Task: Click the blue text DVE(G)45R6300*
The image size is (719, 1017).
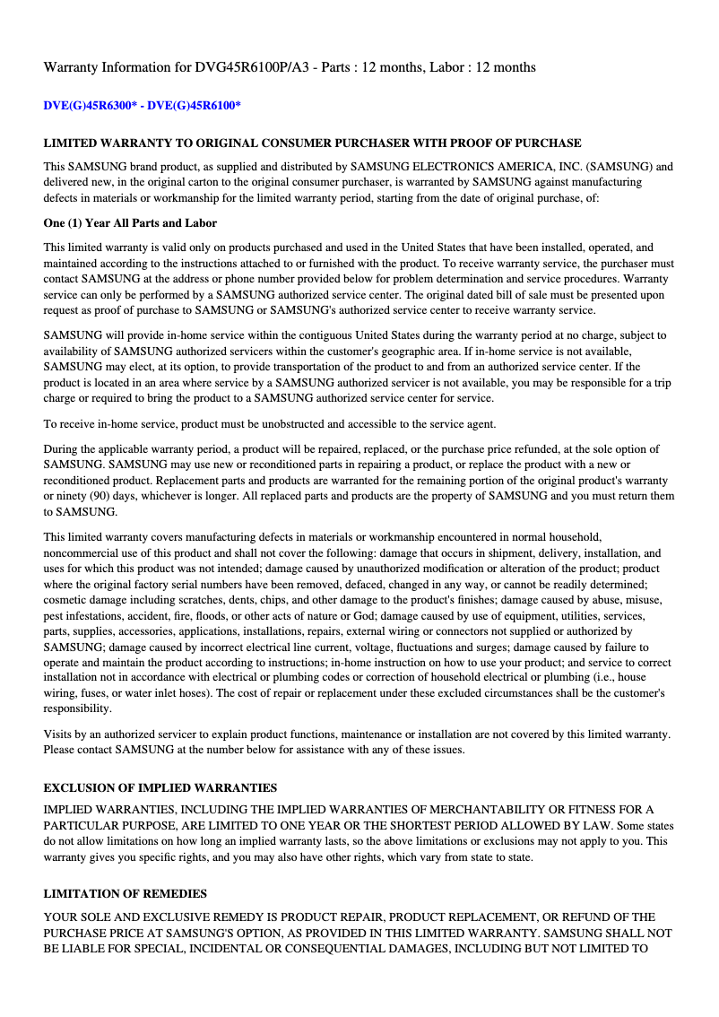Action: point(91,106)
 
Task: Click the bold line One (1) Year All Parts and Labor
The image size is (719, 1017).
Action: point(130,222)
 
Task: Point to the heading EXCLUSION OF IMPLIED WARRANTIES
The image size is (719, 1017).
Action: point(160,787)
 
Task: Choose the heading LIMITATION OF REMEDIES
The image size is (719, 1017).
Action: point(125,893)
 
